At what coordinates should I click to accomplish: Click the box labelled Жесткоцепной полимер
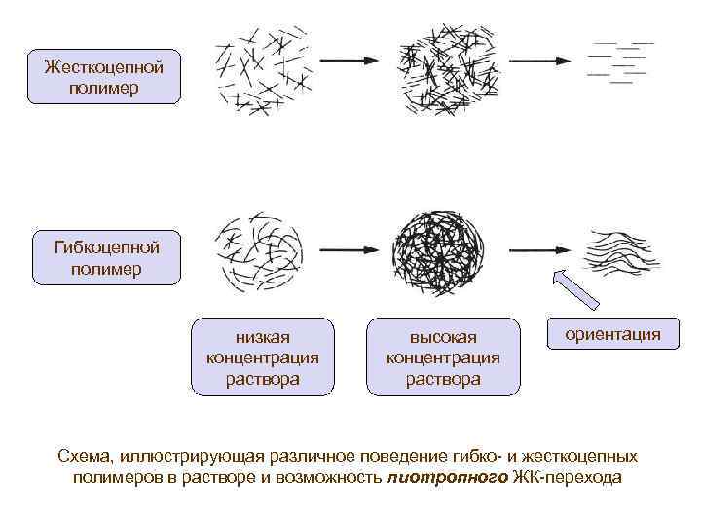coord(104,77)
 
